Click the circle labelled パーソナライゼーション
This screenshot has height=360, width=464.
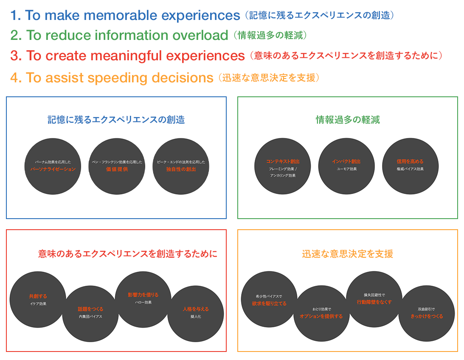coord(53,166)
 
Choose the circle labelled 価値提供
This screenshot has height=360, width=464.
coord(117,166)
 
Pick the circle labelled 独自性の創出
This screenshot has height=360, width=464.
coord(181,166)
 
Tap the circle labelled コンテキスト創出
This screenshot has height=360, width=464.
coord(283,166)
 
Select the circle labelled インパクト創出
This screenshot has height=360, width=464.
coord(346,166)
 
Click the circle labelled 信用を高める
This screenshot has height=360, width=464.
coord(410,166)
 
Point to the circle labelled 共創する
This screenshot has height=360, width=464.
coord(38,299)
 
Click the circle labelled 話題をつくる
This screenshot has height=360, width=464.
coord(90,313)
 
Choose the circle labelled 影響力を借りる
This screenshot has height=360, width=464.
coord(143,299)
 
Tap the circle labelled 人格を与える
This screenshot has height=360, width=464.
coord(195,313)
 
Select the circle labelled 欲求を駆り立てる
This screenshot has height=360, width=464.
coord(269,301)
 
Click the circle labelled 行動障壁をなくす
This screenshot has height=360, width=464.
coord(374,299)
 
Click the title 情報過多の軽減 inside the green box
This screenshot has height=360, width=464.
coord(348,120)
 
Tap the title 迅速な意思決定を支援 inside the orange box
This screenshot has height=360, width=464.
coord(348,254)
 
